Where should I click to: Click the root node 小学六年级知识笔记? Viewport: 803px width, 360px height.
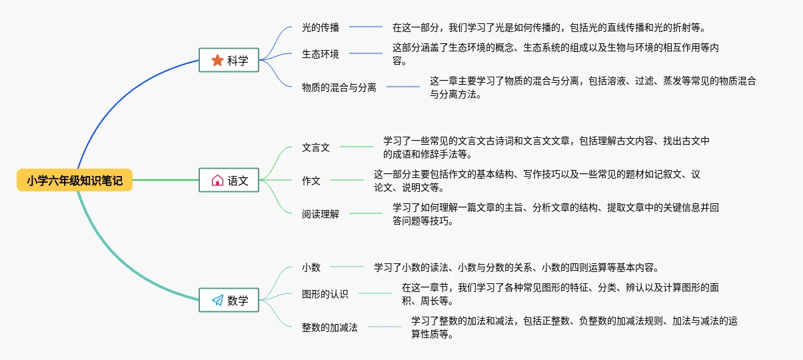point(75,180)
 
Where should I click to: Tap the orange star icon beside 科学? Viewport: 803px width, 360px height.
point(217,60)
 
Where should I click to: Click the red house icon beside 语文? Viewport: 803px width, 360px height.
point(217,180)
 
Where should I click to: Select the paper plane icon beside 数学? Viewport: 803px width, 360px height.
point(217,300)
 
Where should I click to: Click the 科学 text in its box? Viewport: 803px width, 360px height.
point(238,60)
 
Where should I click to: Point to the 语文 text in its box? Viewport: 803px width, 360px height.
point(238,181)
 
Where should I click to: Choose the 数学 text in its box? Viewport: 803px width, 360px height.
point(238,300)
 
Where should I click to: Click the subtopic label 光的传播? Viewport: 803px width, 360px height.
point(320,27)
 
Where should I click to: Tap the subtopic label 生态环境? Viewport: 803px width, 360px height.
point(320,54)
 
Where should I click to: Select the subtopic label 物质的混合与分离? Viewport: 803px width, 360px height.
point(339,87)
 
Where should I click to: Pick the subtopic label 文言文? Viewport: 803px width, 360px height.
point(315,147)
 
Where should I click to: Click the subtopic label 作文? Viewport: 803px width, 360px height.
point(311,181)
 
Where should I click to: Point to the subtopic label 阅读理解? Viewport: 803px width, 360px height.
point(320,214)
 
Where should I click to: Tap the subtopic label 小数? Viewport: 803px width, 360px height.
point(311,267)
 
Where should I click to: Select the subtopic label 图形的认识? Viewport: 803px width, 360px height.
point(325,293)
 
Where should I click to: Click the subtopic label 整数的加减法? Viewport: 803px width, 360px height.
point(329,327)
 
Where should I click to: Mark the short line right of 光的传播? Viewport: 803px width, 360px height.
point(366,27)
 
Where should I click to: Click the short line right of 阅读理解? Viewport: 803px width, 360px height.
point(366,213)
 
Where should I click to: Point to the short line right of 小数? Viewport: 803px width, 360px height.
point(347,267)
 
